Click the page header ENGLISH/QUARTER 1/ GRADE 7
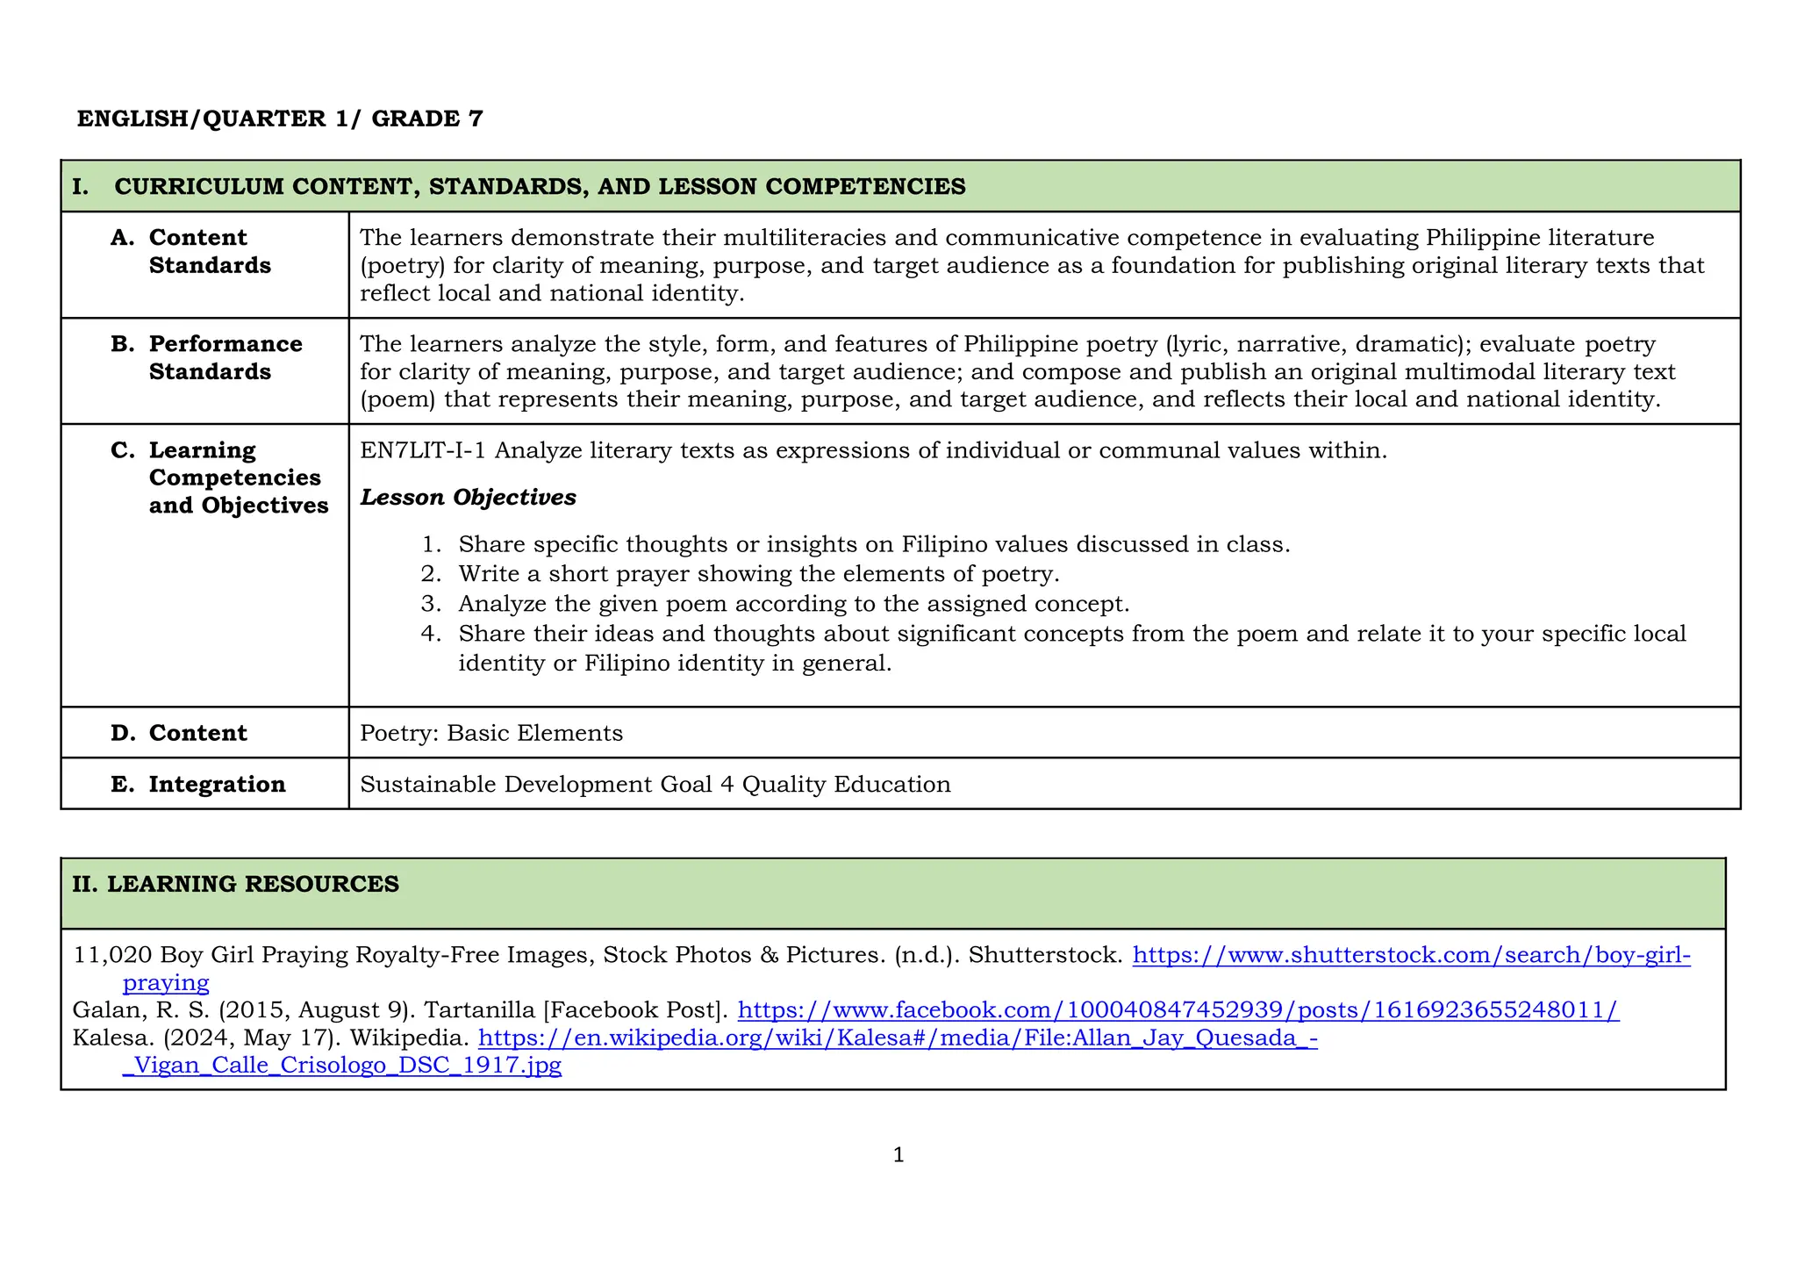280,118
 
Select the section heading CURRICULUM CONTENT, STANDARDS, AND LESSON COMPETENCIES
540,186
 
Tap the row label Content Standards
210,251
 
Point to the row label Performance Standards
225,357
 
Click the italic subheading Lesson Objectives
468,498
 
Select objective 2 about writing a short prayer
758,574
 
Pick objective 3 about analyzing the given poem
793,604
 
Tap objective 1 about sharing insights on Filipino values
873,544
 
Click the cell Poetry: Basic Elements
491,733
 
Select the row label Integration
217,784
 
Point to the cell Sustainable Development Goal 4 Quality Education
655,784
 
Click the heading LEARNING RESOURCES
253,884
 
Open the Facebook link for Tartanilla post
1178,1010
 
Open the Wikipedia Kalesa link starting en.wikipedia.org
897,1038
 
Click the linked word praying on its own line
166,982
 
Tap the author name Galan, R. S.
140,1010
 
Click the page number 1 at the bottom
898,1155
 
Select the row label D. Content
197,733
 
